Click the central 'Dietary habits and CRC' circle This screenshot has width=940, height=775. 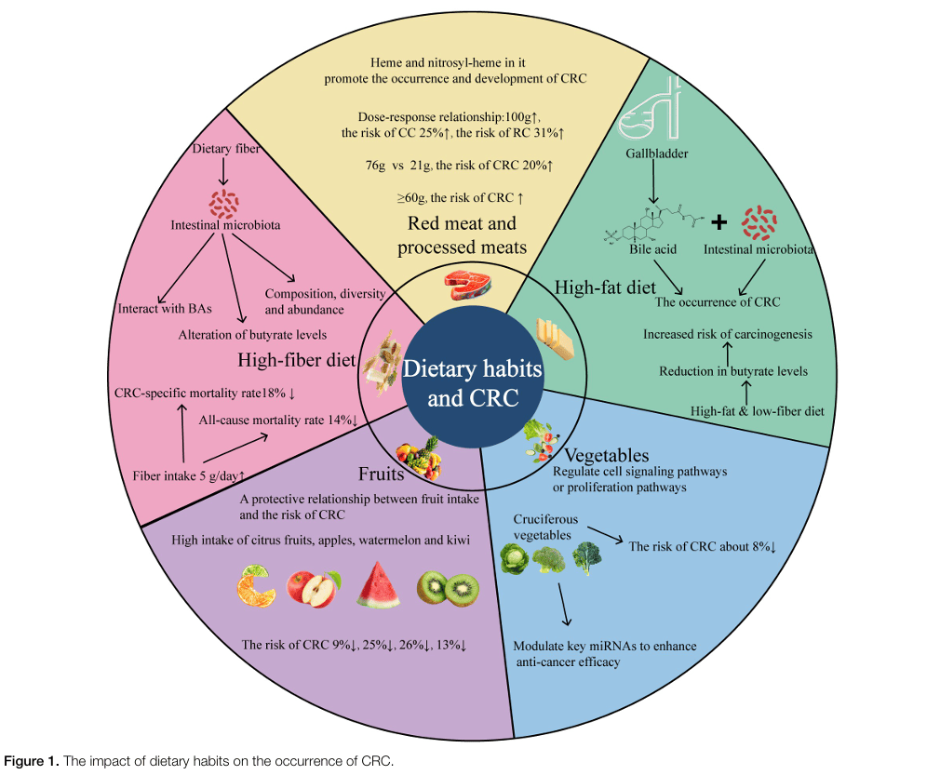(x=471, y=383)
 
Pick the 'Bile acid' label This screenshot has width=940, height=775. (x=652, y=249)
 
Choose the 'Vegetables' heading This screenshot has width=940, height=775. (x=606, y=455)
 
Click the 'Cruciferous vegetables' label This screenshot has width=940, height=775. (x=547, y=525)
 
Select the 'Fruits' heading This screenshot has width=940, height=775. (x=381, y=474)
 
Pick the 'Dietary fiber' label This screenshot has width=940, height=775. (x=223, y=149)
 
